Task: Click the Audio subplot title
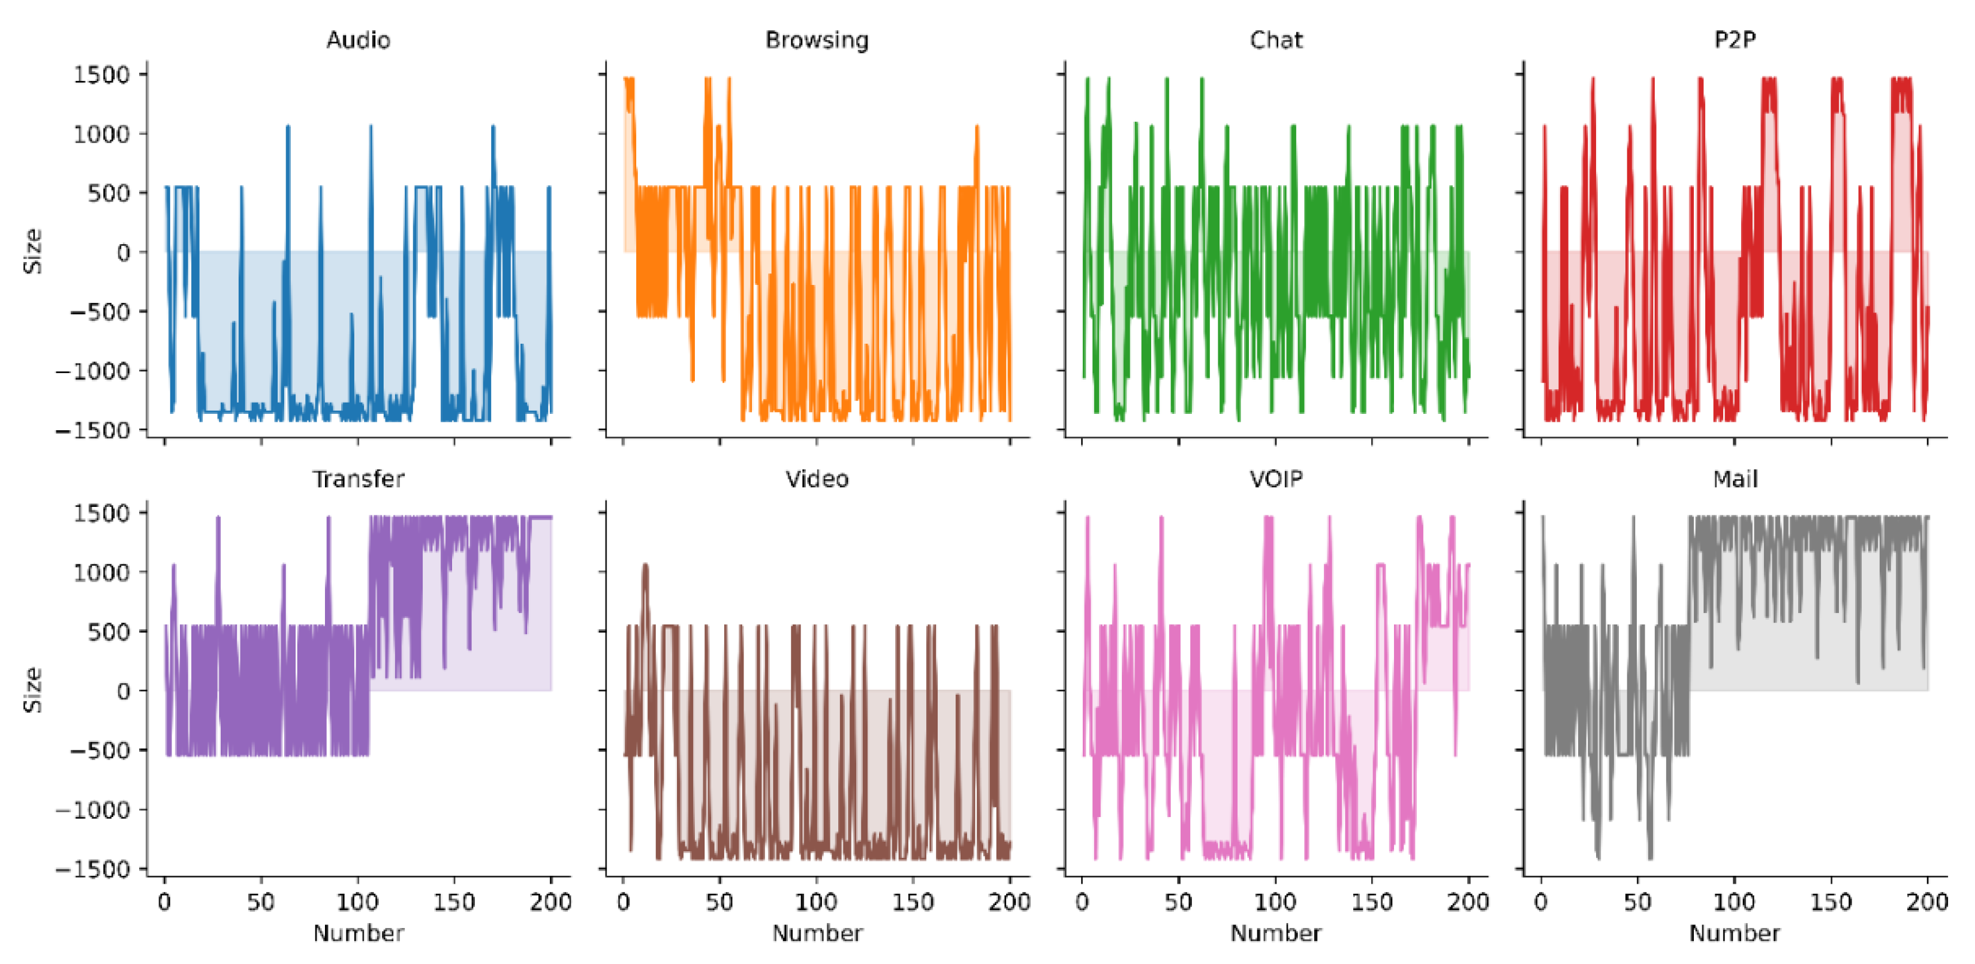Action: coord(358,40)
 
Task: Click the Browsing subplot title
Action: coord(817,40)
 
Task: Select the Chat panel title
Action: coord(1276,40)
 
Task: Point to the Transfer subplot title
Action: coord(358,479)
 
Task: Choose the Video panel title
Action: coord(817,479)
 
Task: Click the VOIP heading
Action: coord(1276,479)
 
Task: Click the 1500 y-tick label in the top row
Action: coord(101,75)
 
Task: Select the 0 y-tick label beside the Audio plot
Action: coord(123,253)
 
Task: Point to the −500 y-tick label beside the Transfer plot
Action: coord(100,750)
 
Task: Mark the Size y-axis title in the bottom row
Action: coord(33,690)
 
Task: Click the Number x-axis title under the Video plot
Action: coord(817,933)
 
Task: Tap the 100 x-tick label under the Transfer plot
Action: coord(357,902)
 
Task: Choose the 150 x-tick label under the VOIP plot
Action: coord(1372,902)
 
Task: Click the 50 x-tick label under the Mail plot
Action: coord(1637,902)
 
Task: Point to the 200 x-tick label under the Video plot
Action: coord(1009,902)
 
